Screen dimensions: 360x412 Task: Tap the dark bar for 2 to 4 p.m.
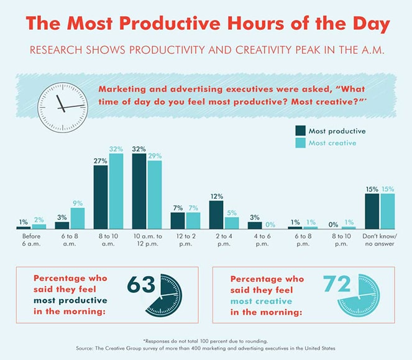pos(216,215)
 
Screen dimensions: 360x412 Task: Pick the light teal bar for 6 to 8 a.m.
pos(77,218)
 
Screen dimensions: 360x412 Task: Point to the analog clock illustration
pos(63,106)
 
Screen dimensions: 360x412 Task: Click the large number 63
pos(142,285)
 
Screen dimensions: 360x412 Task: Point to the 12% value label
pos(216,196)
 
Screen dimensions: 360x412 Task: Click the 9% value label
pos(77,203)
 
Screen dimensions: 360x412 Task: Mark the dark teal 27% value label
pos(101,161)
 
